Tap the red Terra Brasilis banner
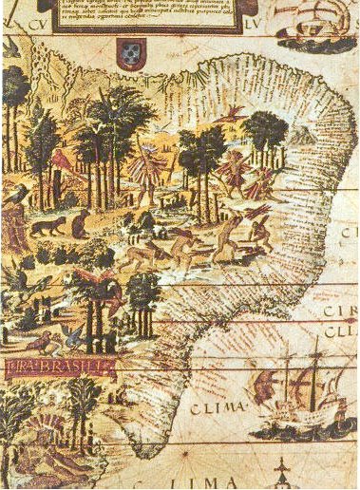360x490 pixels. (x=56, y=367)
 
